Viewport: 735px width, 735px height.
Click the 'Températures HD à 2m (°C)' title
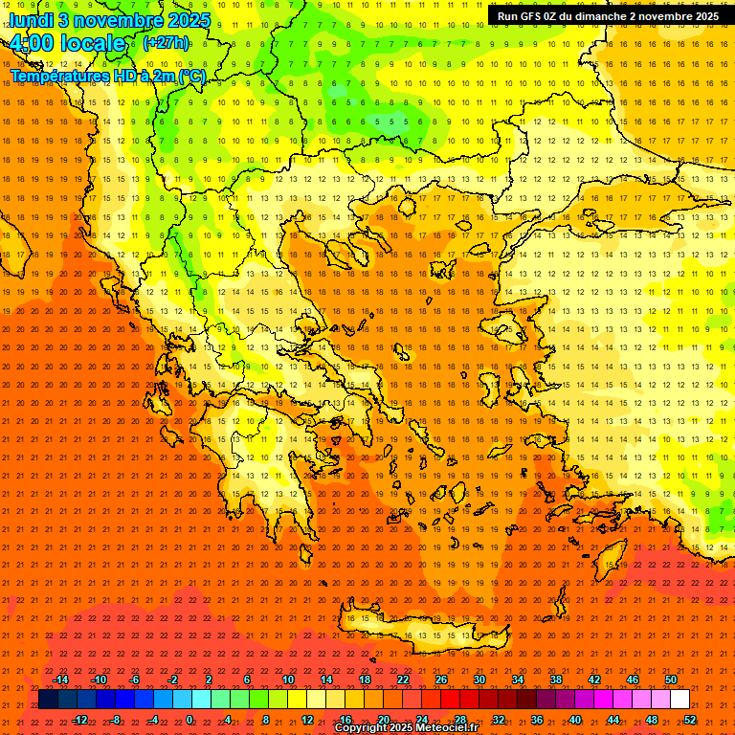(108, 76)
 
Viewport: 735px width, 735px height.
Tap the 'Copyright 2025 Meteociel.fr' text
(406, 728)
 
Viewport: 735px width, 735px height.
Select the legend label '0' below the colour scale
(189, 720)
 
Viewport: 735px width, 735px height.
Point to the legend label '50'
(671, 679)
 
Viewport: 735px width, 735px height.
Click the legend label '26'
(441, 679)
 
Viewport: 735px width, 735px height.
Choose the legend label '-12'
(79, 720)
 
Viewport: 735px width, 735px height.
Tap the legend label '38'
(556, 679)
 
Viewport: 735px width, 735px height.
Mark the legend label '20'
(383, 720)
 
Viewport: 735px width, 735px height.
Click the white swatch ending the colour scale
(679, 700)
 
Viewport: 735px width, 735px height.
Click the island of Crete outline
(421, 627)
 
